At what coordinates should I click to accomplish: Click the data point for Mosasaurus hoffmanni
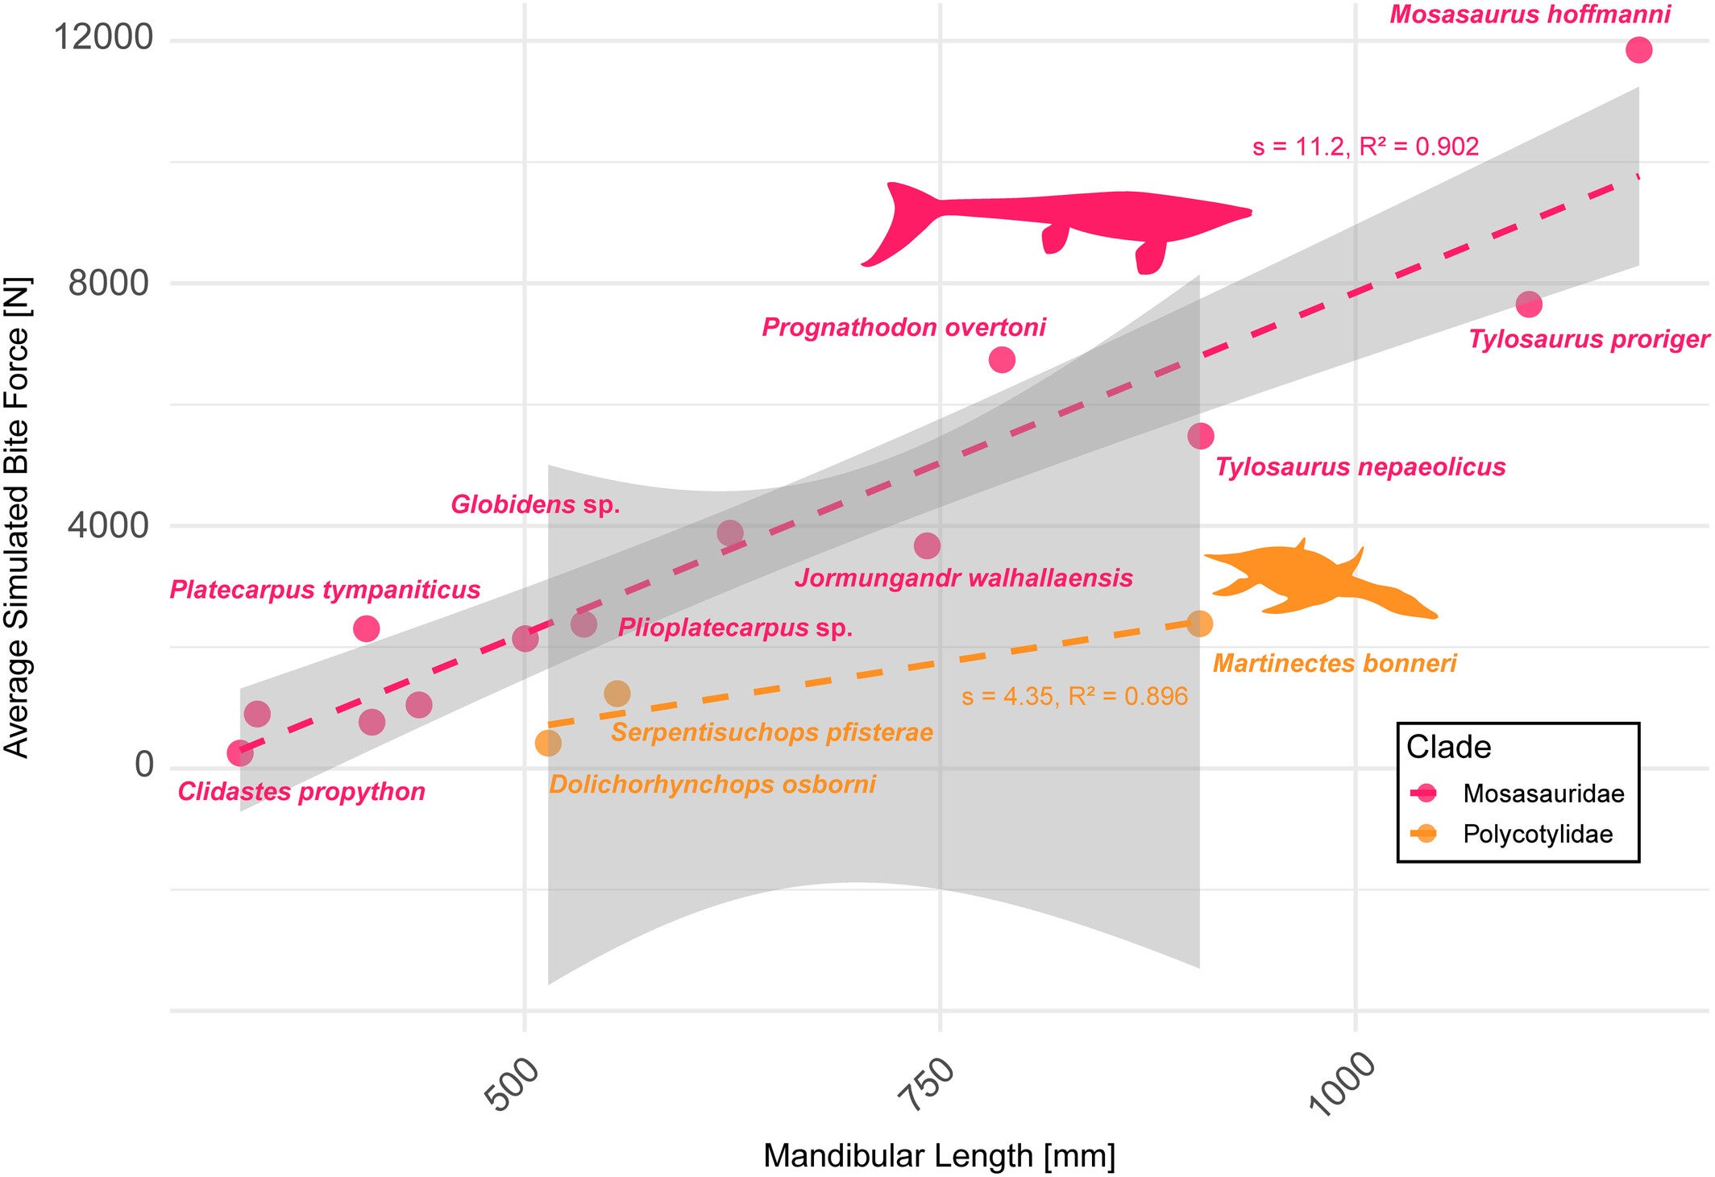click(x=1638, y=50)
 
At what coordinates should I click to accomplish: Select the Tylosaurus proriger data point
click(x=1529, y=305)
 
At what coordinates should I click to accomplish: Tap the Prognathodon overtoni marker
click(x=1002, y=359)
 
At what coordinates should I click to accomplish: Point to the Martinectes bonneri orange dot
click(x=1199, y=624)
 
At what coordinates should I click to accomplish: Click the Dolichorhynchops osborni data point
click(x=548, y=743)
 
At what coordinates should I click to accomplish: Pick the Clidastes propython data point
click(x=239, y=753)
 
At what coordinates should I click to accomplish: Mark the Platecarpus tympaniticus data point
click(x=367, y=628)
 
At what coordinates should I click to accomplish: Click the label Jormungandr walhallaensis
click(x=964, y=578)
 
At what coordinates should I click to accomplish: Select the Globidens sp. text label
click(x=535, y=505)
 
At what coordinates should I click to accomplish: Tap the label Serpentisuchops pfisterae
click(x=771, y=732)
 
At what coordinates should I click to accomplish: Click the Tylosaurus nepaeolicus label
click(x=1360, y=467)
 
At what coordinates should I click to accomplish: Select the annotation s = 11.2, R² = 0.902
click(x=1365, y=147)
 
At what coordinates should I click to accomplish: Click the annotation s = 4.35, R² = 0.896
click(x=1074, y=696)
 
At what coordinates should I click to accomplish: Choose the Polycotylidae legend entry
click(x=1537, y=834)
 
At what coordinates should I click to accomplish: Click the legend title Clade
click(x=1448, y=747)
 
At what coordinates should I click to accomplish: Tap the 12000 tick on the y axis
click(x=102, y=37)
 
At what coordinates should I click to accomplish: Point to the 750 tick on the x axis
click(x=927, y=1084)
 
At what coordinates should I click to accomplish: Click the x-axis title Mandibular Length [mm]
click(x=939, y=1155)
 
